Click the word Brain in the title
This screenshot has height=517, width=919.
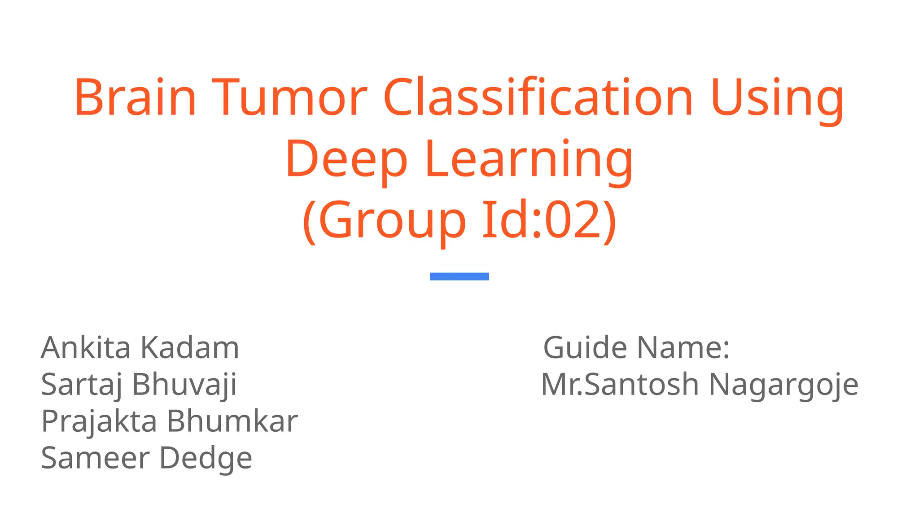click(135, 97)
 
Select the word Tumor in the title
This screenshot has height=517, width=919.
click(290, 97)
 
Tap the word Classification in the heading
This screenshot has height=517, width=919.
click(538, 97)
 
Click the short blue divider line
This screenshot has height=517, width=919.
click(459, 276)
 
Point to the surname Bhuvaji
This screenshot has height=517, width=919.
click(184, 385)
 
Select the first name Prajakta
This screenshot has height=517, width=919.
click(99, 422)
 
